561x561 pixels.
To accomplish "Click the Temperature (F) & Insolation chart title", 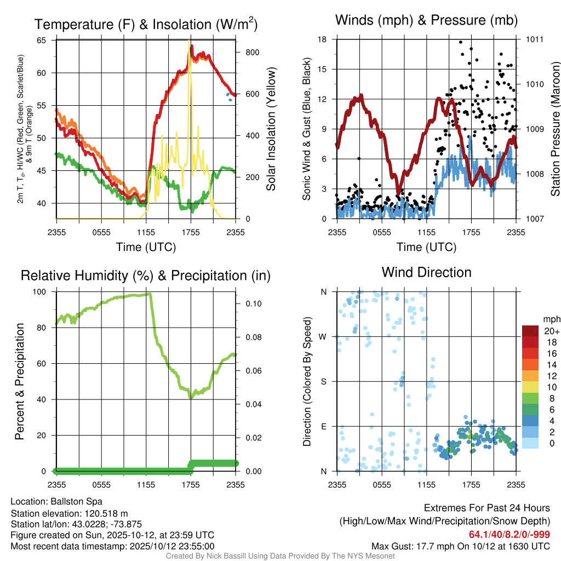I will coord(146,24).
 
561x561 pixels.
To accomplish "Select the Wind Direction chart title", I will coord(426,272).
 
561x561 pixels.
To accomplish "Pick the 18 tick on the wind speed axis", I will coord(322,39).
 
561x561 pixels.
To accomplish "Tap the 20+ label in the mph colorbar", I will coord(551,331).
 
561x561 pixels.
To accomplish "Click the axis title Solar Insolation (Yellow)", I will coord(271,129).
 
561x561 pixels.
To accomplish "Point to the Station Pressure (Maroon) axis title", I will coord(555,129).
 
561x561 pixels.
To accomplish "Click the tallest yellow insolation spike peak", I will coord(190,41).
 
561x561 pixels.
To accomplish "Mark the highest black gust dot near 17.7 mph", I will coord(461,42).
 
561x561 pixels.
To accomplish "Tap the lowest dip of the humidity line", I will coord(190,397).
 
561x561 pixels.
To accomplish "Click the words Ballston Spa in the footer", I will coord(78,501).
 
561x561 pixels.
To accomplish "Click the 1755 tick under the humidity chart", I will coord(191,484).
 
